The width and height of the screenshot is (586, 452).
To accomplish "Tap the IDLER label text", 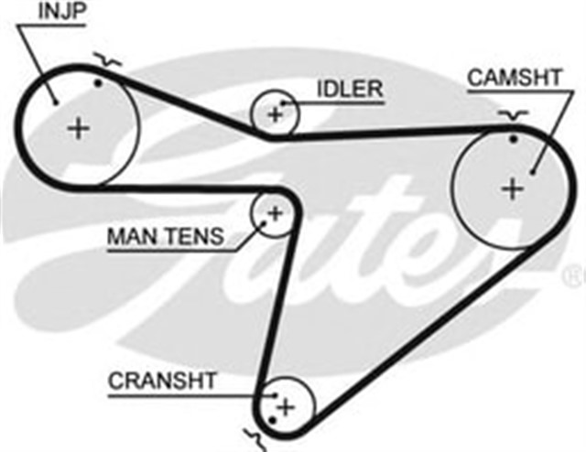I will point(351,89).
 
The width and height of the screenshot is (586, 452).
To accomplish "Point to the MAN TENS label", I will point(165,237).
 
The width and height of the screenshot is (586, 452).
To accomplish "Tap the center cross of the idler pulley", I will point(274,113).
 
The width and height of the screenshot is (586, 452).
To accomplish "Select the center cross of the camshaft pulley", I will point(512,189).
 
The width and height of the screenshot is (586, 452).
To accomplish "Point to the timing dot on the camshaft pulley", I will point(514,139).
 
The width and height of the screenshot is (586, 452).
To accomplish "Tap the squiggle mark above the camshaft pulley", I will point(514,114).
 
